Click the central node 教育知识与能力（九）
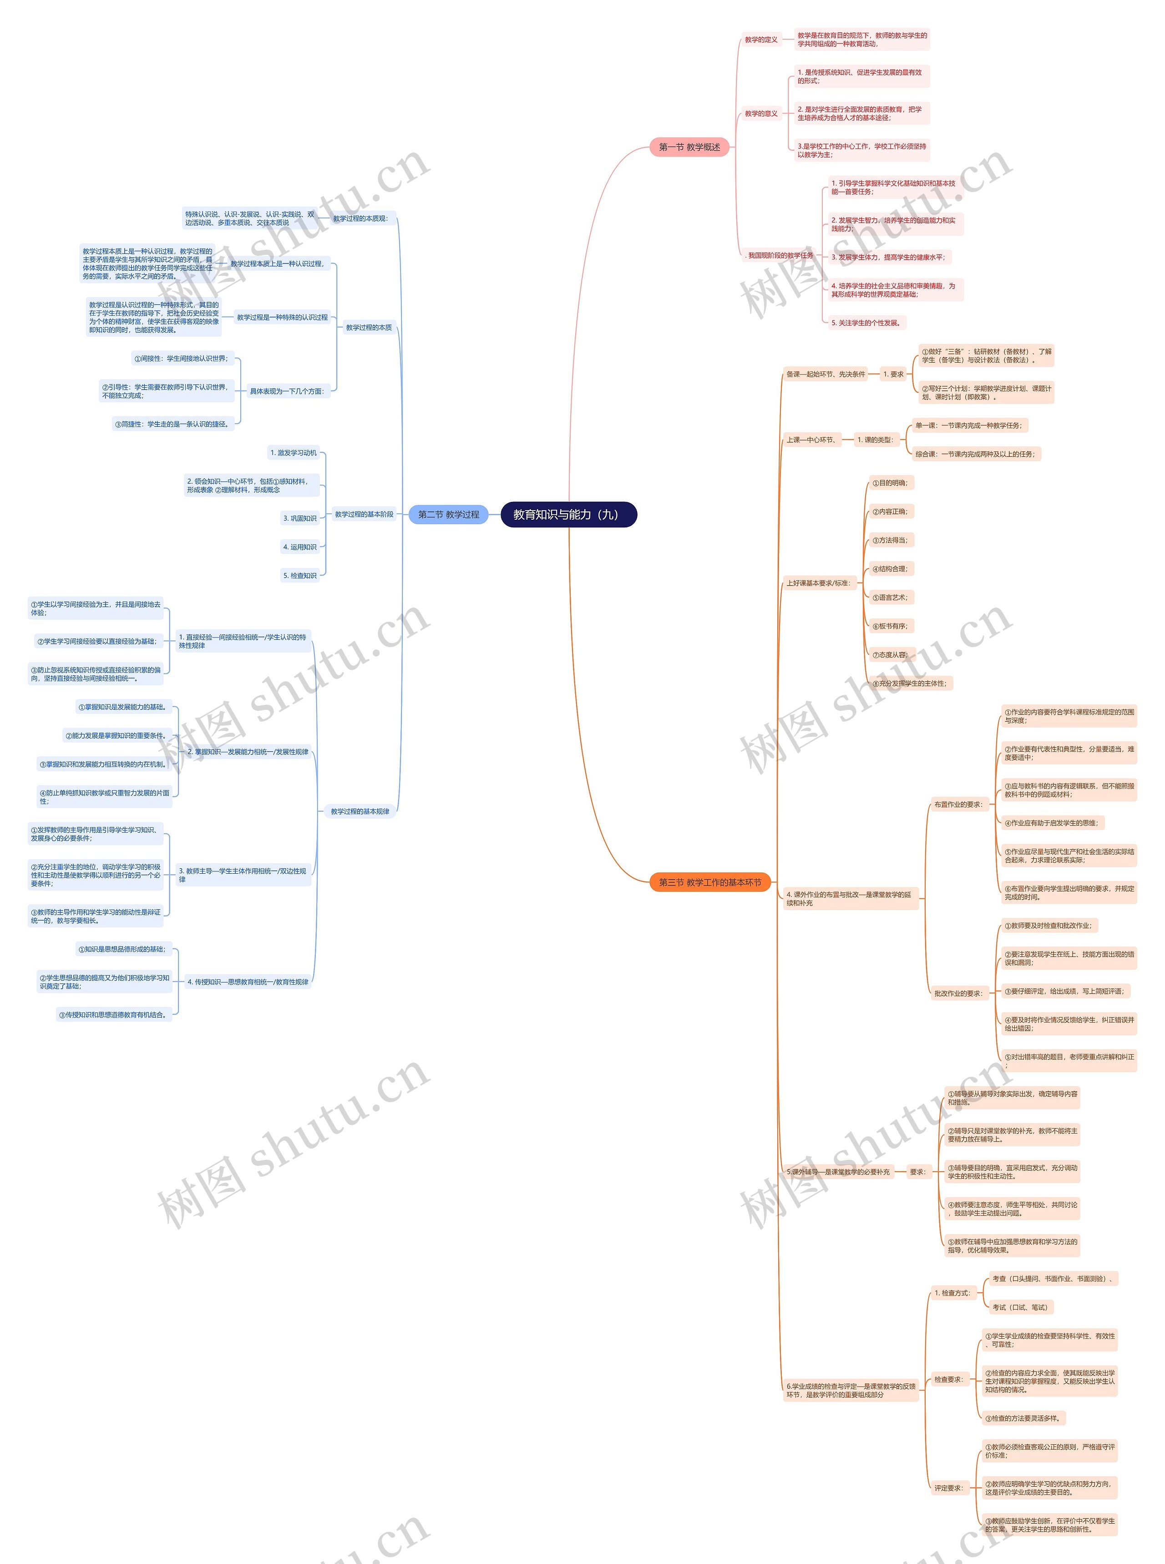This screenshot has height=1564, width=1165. tap(568, 514)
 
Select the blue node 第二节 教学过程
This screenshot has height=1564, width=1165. tap(449, 514)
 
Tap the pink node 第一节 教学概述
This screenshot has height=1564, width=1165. tap(689, 147)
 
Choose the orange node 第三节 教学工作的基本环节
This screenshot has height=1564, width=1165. tap(709, 882)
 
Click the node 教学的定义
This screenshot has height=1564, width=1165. tap(761, 40)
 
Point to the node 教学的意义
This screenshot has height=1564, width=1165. tap(761, 113)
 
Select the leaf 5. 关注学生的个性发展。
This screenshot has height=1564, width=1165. tap(866, 323)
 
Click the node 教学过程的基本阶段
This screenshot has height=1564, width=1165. tap(364, 514)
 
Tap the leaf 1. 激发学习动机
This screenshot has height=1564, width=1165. tap(294, 453)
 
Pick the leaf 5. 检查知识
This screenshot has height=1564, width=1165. tap(300, 575)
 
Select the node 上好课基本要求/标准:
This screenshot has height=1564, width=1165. tap(818, 583)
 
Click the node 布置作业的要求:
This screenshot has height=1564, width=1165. tap(957, 804)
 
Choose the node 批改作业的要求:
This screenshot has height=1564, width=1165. tap(957, 993)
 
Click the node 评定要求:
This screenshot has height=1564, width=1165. tap(948, 1488)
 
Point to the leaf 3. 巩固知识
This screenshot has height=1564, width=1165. tap(300, 518)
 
